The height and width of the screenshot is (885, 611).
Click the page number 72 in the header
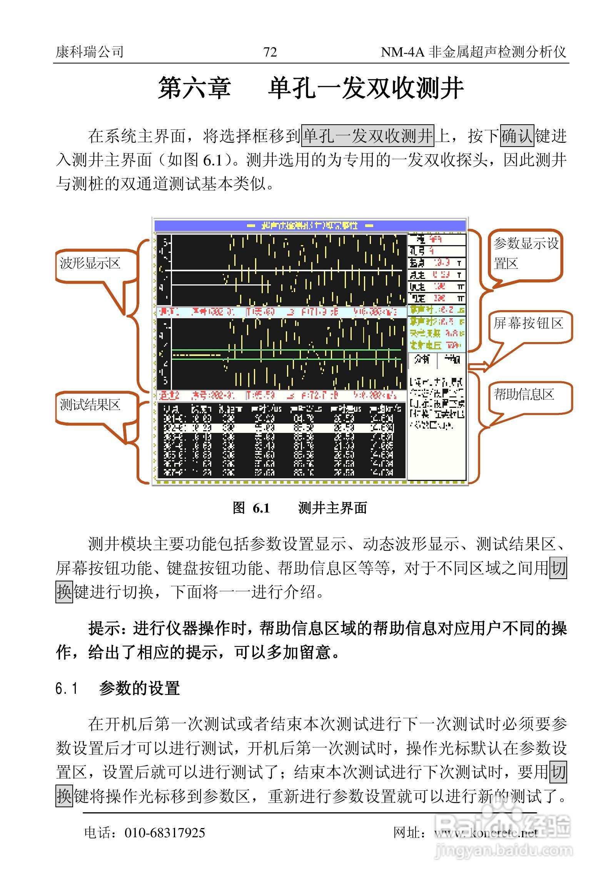coord(270,52)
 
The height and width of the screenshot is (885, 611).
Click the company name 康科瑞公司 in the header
coord(90,52)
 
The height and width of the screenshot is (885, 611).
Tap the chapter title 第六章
coord(195,88)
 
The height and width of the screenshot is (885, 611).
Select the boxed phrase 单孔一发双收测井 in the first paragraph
coord(368,136)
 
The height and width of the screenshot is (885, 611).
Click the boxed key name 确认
coord(517,136)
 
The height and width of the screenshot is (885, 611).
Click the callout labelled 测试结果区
coord(90,405)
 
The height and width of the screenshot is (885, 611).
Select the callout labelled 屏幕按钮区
coord(529,324)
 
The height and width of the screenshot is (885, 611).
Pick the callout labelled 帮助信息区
coord(524,395)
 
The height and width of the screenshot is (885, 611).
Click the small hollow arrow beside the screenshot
coord(479,366)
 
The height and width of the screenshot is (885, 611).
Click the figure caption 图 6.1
coord(251,508)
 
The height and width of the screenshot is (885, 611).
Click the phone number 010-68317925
coord(165,833)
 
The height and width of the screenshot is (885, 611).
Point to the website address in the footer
coord(486,833)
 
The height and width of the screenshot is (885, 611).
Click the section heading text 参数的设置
coord(139,688)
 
